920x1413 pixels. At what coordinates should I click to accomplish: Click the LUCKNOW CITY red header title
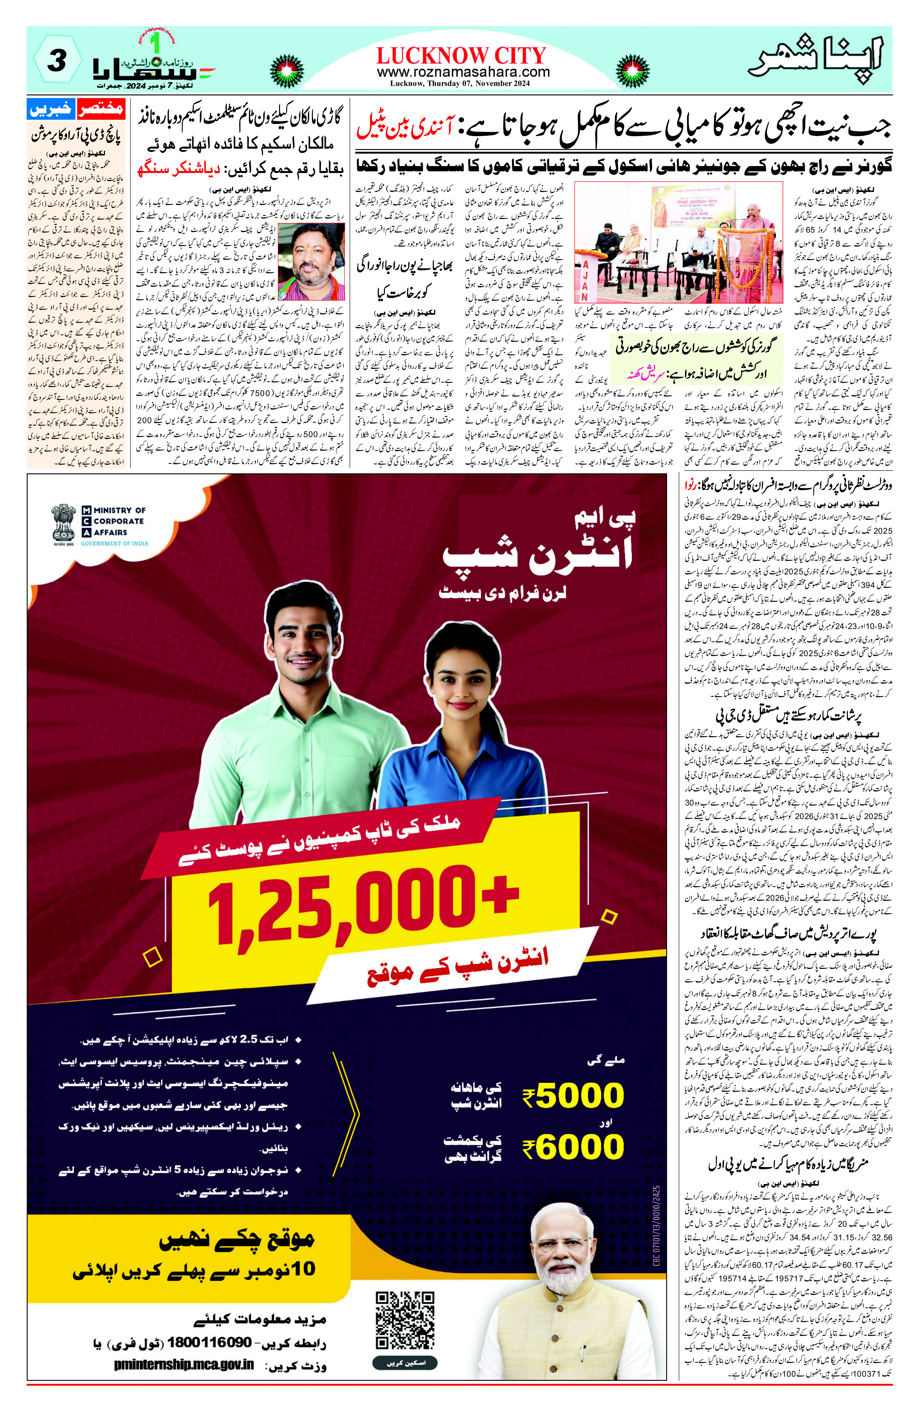[x=461, y=56]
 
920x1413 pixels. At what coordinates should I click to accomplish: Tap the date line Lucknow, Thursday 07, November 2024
[x=459, y=84]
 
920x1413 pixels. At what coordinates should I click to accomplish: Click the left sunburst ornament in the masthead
[x=287, y=71]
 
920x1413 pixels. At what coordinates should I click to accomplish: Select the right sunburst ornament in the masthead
[x=632, y=71]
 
